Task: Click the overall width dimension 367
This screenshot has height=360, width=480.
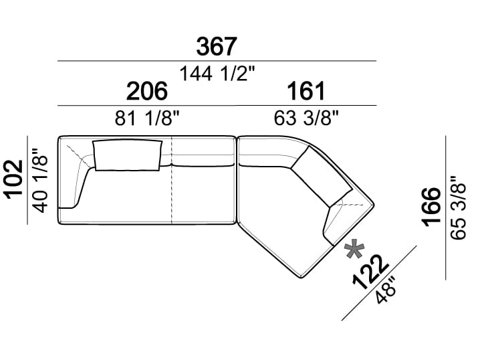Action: (217, 47)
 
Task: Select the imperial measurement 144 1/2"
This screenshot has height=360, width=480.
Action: (217, 74)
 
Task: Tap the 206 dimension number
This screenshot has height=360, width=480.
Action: (147, 91)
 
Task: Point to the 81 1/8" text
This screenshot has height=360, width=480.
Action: (147, 118)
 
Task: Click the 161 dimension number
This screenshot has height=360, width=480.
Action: (306, 91)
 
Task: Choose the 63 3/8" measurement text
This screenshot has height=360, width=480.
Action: (306, 118)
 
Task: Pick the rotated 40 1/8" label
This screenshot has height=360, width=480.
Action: (40, 181)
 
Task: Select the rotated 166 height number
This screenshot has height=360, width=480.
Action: (431, 207)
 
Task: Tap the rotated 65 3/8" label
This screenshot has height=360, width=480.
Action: (458, 207)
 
